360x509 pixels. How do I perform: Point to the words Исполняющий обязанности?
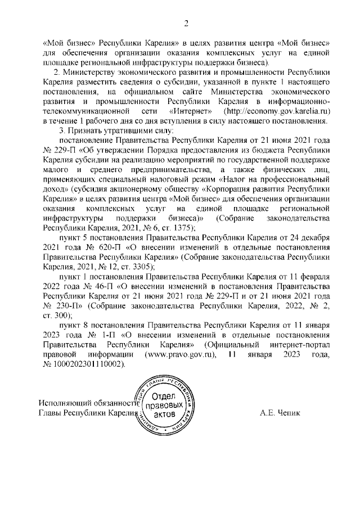[88, 403]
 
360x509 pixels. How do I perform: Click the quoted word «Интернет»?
[188, 111]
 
